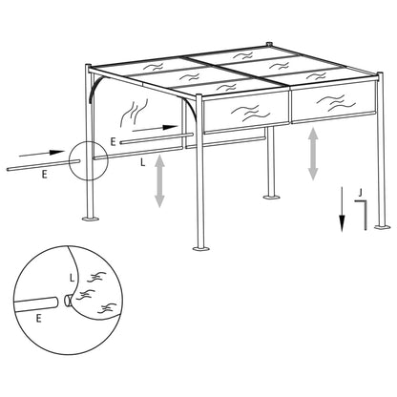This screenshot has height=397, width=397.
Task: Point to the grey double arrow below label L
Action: coord(160,181)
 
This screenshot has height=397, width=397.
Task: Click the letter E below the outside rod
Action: coord(44,176)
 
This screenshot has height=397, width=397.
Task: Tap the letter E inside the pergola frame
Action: coord(114,140)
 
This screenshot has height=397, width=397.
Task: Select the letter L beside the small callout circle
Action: coord(142,163)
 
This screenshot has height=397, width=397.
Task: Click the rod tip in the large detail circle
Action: coord(66,302)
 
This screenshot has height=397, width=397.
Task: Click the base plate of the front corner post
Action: coord(200,249)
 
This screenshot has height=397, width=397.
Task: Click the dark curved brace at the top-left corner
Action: coord(96,88)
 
